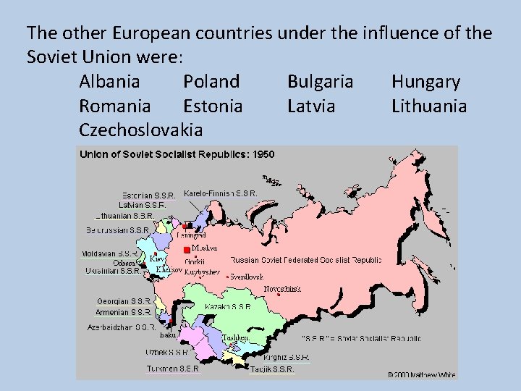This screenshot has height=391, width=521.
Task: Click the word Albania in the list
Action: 110,82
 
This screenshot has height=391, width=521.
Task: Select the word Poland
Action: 211,82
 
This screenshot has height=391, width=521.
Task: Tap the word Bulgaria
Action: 320,82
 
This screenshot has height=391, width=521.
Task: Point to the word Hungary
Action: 425,82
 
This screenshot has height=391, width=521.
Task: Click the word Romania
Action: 115,106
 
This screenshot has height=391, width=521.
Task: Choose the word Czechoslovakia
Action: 141,130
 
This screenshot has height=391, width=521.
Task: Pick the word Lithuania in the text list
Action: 429,106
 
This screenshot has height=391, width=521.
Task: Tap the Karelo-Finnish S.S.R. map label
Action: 221,193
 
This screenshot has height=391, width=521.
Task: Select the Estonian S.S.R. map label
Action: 148,195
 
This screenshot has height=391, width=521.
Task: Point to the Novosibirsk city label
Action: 282,289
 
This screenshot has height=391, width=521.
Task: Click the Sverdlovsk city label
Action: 245,277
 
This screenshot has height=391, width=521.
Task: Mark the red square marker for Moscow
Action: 187,250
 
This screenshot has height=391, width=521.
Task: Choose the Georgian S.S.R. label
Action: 124,301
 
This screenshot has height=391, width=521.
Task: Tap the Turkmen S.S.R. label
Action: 172,368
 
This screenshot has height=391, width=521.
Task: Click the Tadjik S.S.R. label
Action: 273,369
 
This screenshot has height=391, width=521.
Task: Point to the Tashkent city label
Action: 236,338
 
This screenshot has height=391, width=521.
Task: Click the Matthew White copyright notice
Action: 422,375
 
